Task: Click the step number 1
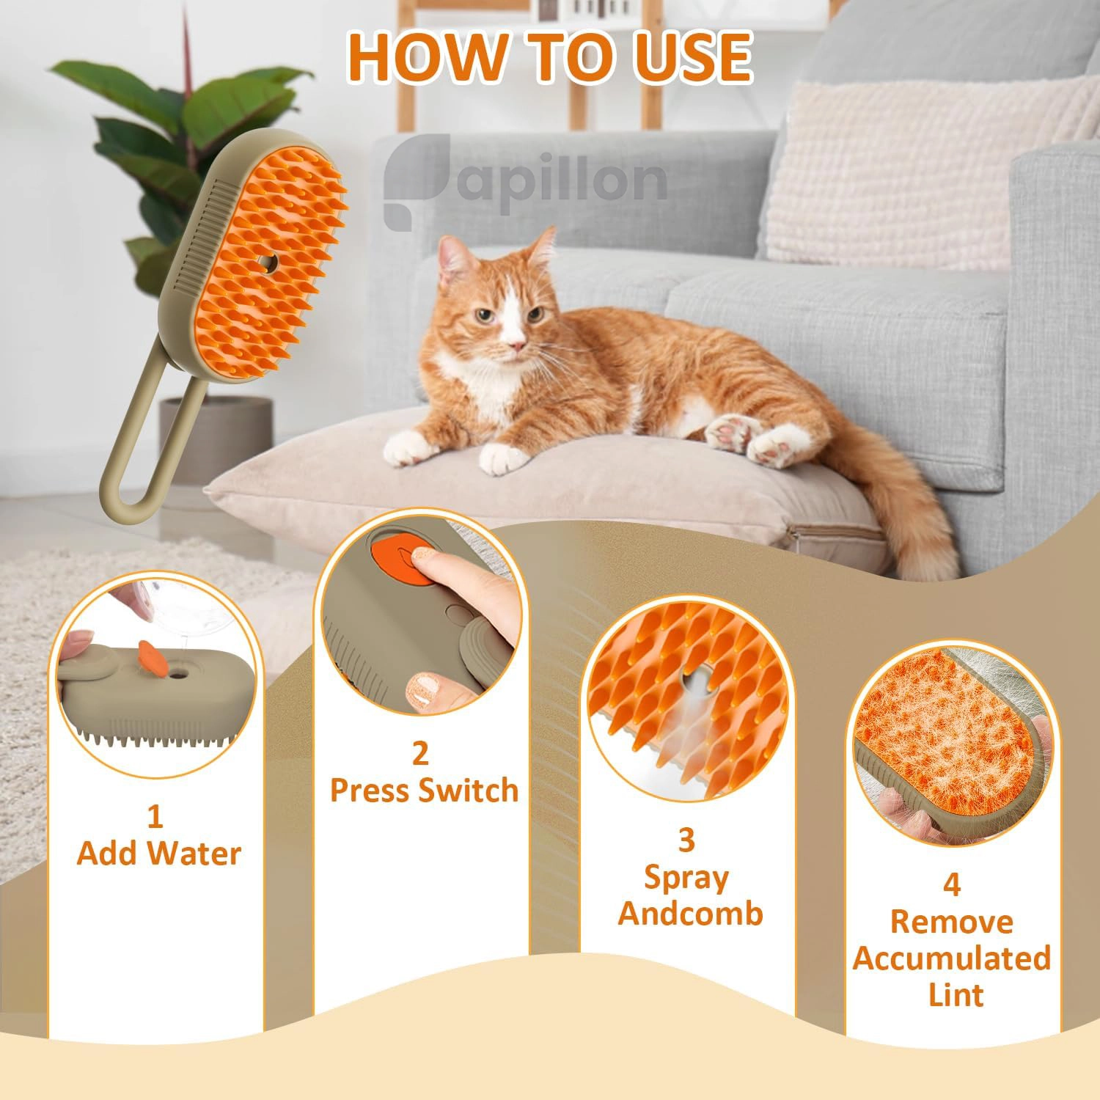(x=155, y=816)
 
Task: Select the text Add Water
(x=158, y=854)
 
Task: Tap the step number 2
(x=419, y=754)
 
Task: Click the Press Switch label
(x=424, y=791)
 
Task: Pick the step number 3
(x=686, y=840)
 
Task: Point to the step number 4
(x=951, y=885)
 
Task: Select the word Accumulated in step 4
(x=952, y=958)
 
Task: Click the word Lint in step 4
(x=956, y=995)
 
